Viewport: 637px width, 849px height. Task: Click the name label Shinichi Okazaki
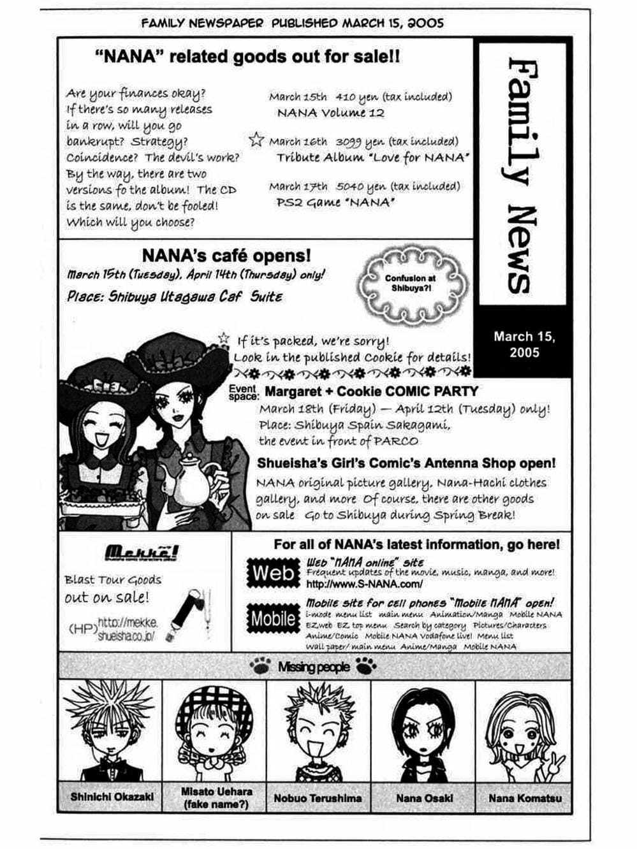coord(112,797)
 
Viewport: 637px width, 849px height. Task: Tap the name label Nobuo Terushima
coord(318,797)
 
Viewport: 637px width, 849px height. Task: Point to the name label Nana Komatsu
coord(525,797)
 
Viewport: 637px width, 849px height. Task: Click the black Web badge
coord(273,572)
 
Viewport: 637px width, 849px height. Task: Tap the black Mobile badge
coord(273,618)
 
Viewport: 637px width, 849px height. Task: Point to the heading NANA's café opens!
coord(226,256)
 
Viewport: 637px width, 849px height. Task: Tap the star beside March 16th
coord(256,140)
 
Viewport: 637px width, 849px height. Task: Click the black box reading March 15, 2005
coord(524,344)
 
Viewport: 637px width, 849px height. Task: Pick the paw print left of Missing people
coord(260,667)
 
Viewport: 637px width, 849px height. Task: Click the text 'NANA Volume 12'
coord(330,113)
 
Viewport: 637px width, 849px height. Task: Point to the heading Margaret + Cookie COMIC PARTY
coord(371,391)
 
